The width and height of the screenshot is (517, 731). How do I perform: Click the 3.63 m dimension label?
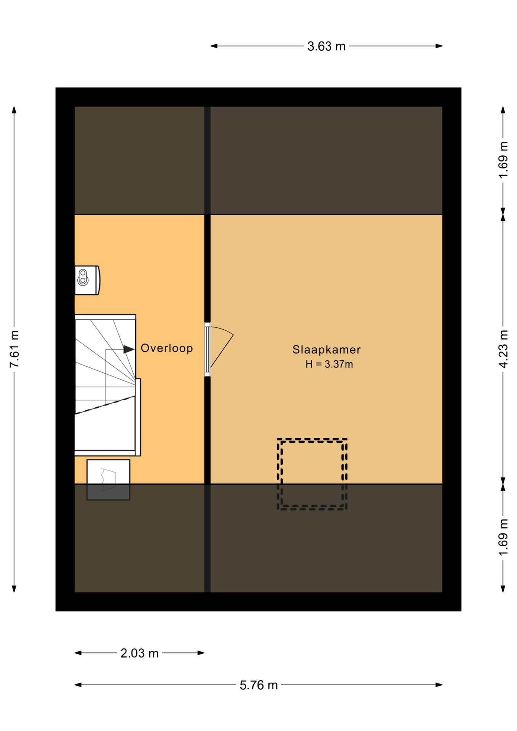(x=326, y=46)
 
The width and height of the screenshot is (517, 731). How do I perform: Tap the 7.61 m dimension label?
(x=14, y=349)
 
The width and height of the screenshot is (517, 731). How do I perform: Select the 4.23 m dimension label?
(x=503, y=349)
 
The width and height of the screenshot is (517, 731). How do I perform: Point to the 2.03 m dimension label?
(x=139, y=653)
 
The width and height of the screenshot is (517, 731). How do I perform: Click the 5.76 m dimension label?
(x=258, y=685)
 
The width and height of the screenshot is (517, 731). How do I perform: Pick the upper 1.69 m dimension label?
(x=503, y=160)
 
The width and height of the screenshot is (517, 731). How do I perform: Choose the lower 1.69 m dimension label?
(x=503, y=537)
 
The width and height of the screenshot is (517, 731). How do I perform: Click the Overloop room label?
(x=167, y=348)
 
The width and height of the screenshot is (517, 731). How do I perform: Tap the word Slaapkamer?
(x=326, y=350)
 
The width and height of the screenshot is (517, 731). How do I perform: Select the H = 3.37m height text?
(x=329, y=364)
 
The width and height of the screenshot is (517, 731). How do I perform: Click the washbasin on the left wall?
(x=87, y=280)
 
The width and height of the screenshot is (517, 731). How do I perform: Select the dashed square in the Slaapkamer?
(x=312, y=474)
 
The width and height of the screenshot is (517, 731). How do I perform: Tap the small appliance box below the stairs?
(x=108, y=480)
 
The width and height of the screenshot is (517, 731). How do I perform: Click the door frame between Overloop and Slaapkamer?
(x=207, y=350)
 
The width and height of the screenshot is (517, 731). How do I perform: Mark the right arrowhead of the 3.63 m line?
(x=439, y=46)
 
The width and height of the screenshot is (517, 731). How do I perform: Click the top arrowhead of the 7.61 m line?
(x=14, y=110)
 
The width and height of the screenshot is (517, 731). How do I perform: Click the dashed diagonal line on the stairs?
(x=105, y=405)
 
